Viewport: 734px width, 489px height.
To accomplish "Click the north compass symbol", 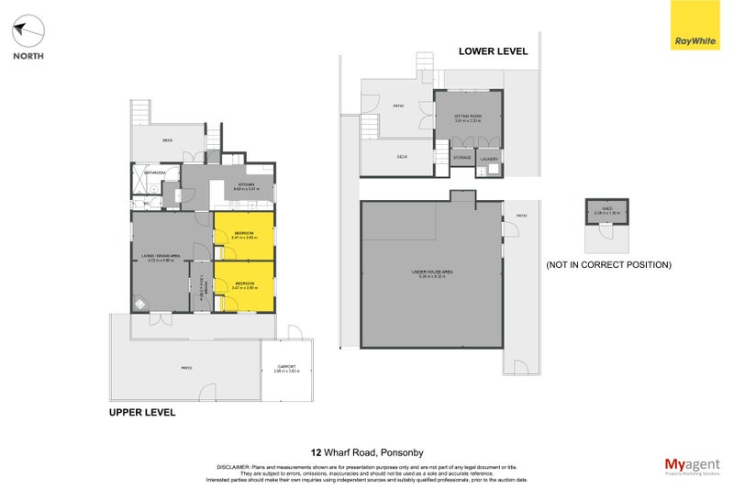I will coord(27,32).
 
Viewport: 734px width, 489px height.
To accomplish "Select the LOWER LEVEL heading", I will coord(493,51).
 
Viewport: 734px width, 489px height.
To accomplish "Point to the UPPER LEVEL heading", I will coord(141,413).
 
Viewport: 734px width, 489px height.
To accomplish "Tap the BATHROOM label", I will coord(154,172).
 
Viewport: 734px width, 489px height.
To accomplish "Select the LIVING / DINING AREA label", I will coord(164,258).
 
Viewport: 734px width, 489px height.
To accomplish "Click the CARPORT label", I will coord(287,369).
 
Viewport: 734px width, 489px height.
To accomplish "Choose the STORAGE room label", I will coord(462,158).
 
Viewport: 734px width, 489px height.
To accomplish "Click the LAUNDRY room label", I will coord(489,159).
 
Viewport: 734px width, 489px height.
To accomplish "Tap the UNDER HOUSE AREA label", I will coord(432,273).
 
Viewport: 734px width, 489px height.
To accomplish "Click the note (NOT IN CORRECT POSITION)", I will coord(608,264).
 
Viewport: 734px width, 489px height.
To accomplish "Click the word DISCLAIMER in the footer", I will coord(235,466).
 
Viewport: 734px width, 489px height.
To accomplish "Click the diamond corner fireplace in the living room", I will coord(139,305).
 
